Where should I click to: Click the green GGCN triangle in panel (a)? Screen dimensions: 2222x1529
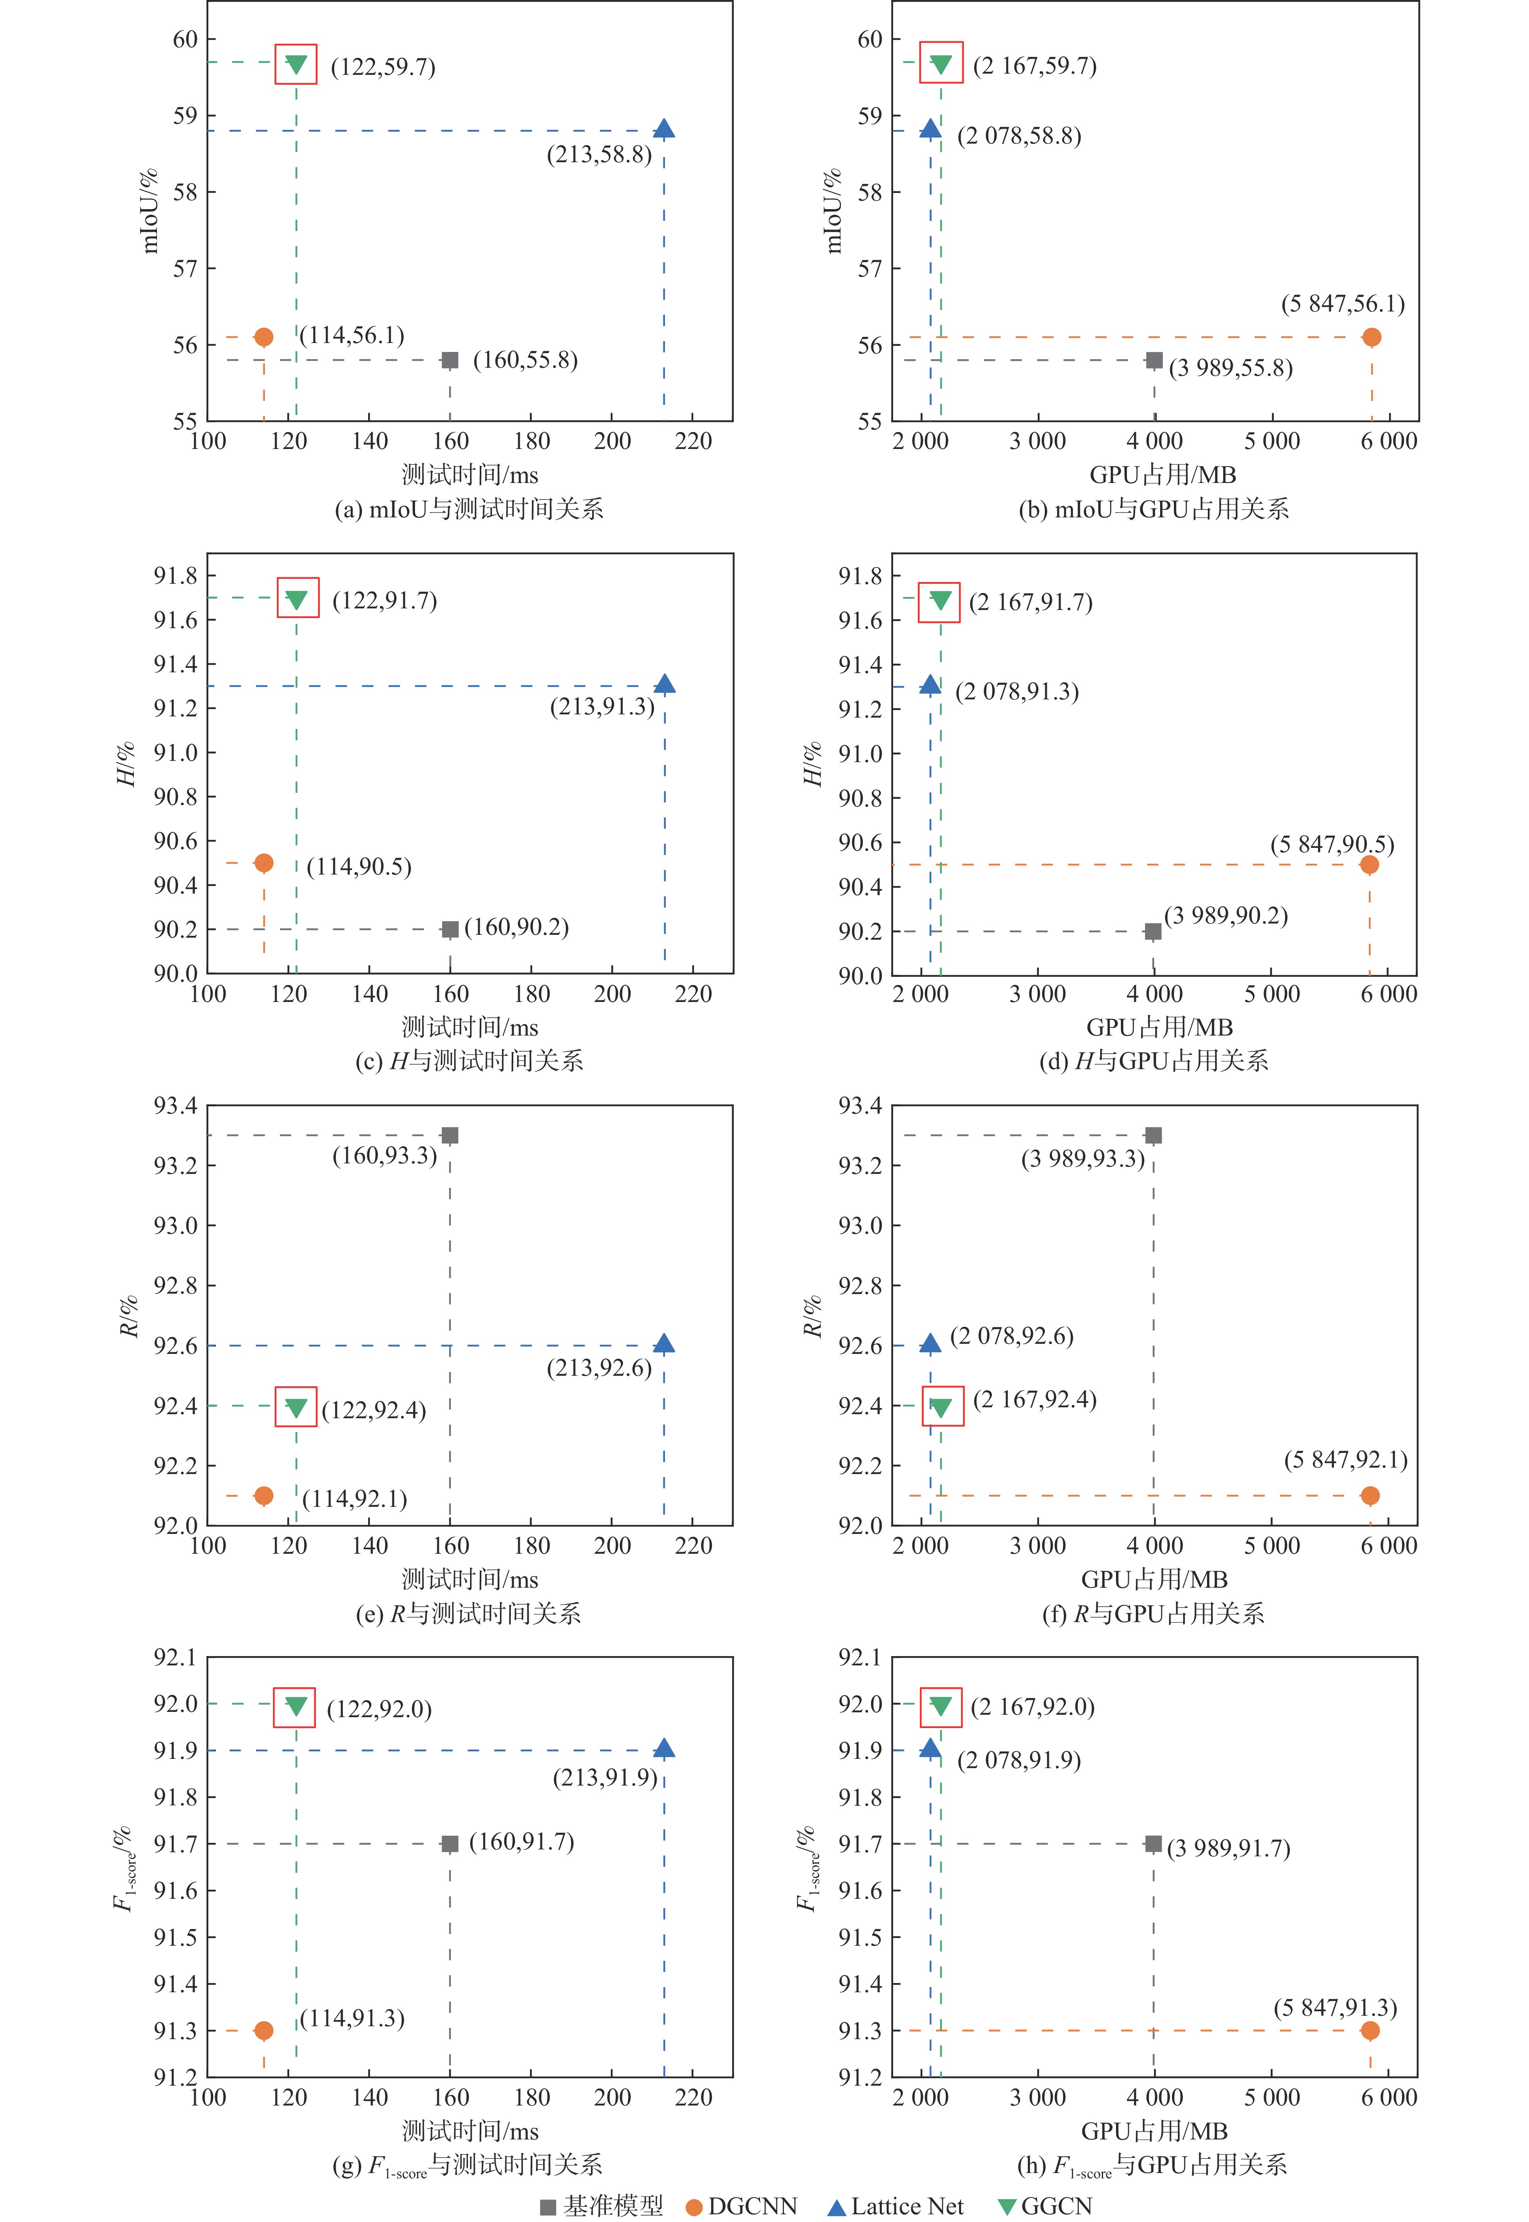pyautogui.click(x=296, y=64)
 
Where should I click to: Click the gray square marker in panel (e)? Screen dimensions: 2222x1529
pyautogui.click(x=449, y=1135)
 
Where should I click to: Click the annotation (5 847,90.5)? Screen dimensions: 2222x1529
pyautogui.click(x=1332, y=844)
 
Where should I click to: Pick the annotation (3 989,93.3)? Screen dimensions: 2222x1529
pyautogui.click(x=1082, y=1159)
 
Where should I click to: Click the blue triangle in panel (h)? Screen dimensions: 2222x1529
pyautogui.click(x=929, y=1749)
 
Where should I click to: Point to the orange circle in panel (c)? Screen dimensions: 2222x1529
pyautogui.click(x=263, y=863)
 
